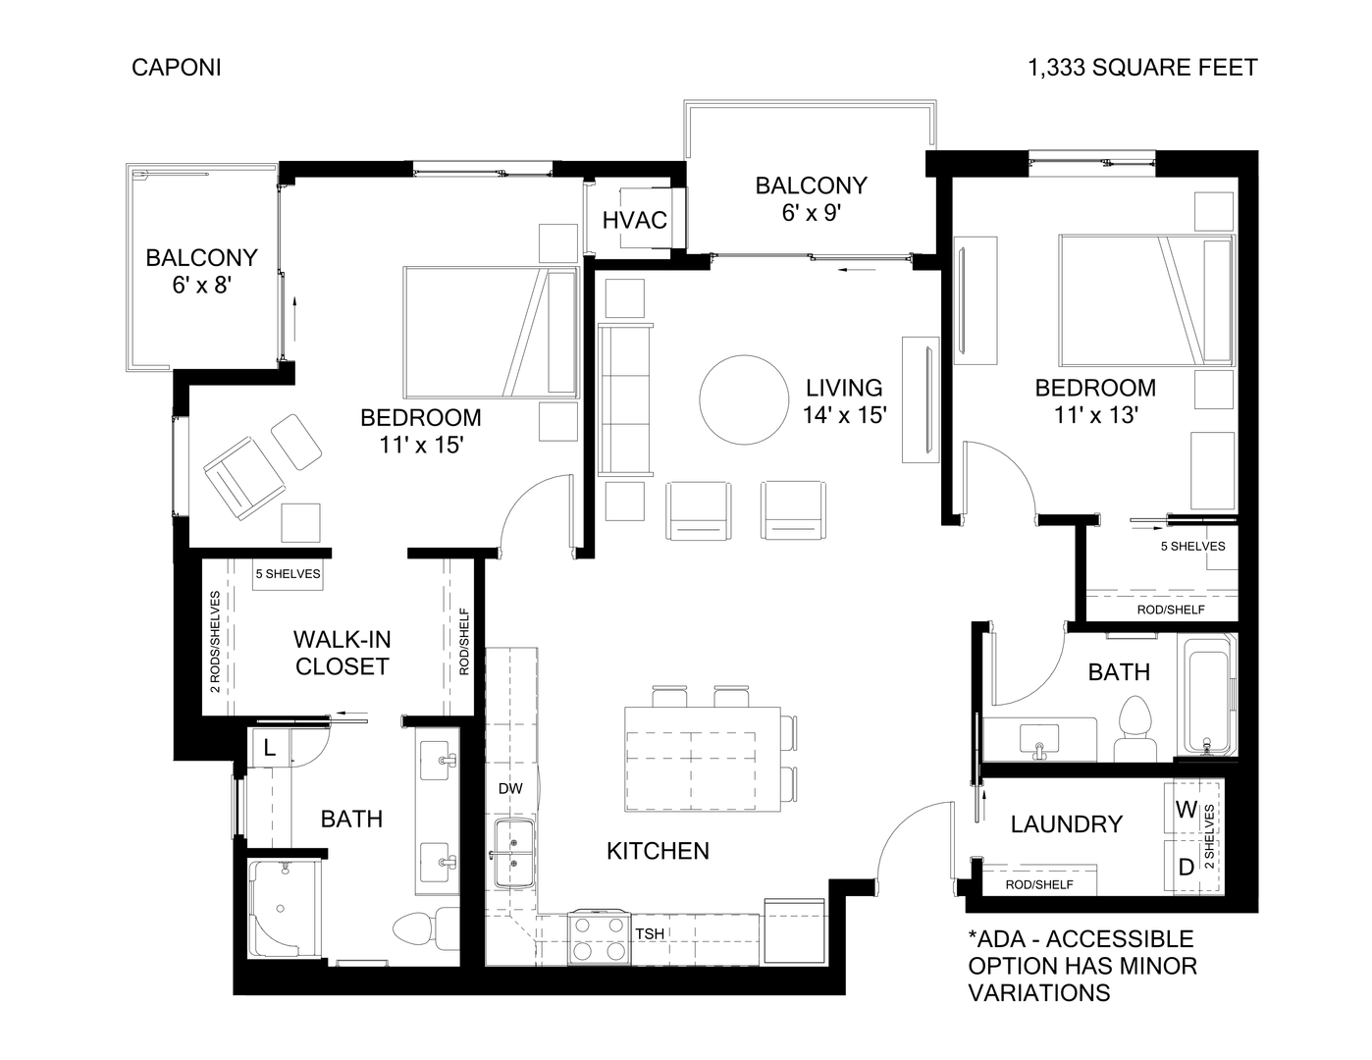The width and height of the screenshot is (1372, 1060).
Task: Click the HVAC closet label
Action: click(634, 220)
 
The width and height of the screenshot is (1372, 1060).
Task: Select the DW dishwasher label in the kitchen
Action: click(509, 788)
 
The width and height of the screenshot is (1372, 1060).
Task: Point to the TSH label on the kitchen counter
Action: click(649, 934)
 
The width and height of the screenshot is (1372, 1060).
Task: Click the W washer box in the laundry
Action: click(1186, 810)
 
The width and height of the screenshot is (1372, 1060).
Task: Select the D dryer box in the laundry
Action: click(1186, 867)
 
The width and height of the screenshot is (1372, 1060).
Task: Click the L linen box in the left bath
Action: click(271, 749)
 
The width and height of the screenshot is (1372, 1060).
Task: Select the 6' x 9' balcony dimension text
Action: click(811, 212)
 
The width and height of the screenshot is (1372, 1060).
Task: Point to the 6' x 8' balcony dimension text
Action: click(201, 285)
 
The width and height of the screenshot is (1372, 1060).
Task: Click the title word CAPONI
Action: click(176, 67)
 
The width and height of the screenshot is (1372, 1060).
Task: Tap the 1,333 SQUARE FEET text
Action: click(1142, 67)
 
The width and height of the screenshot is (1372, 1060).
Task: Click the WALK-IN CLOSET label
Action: click(342, 653)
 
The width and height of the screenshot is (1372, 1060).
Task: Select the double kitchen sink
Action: click(513, 852)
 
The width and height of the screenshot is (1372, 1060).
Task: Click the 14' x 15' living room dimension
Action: click(844, 415)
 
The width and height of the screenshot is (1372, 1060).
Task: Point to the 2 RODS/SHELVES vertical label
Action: click(215, 641)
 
